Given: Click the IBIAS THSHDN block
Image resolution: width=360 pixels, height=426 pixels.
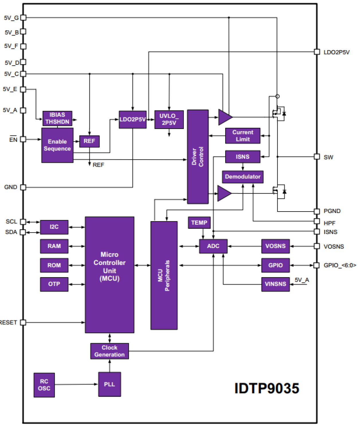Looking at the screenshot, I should pos(57,118).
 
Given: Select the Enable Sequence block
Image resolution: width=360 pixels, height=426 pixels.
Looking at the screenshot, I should pos(57,145).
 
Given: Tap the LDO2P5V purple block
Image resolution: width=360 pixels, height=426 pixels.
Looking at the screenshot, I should pos(133,120).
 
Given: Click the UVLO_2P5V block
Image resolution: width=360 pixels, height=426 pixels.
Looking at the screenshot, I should pos(169,120).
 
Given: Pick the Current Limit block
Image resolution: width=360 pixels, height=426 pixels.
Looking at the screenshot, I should pos(242,136).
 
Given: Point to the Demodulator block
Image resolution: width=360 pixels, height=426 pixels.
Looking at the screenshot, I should pos(242,177).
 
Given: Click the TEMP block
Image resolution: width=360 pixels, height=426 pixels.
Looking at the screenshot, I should pos(199,223).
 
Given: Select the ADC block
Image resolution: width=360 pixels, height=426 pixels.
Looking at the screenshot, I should pos(213,246).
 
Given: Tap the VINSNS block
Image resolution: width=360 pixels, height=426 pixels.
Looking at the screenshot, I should pos(275,284).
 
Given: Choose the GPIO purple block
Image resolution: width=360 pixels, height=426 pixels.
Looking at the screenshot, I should pos(275,265).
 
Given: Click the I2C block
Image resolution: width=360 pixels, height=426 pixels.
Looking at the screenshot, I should pos(54,227).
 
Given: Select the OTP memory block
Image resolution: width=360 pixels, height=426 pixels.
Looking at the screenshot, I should pos(54,284).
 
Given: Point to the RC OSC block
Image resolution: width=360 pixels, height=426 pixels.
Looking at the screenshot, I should pos(44,385).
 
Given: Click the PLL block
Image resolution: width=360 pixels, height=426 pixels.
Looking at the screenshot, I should pos(109,384).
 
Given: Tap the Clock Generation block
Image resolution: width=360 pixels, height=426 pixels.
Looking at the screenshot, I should pos(109,351).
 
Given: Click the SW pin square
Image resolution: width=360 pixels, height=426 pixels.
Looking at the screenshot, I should pos(317,157).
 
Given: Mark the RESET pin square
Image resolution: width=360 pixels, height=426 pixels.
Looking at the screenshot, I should pos(23,323).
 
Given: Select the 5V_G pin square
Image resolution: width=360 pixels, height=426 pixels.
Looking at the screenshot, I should pos(23,17).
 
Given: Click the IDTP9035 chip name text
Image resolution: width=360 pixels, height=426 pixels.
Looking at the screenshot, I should pos(267,389).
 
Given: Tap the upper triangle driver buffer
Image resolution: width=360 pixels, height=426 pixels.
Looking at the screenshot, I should pos(224,117).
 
